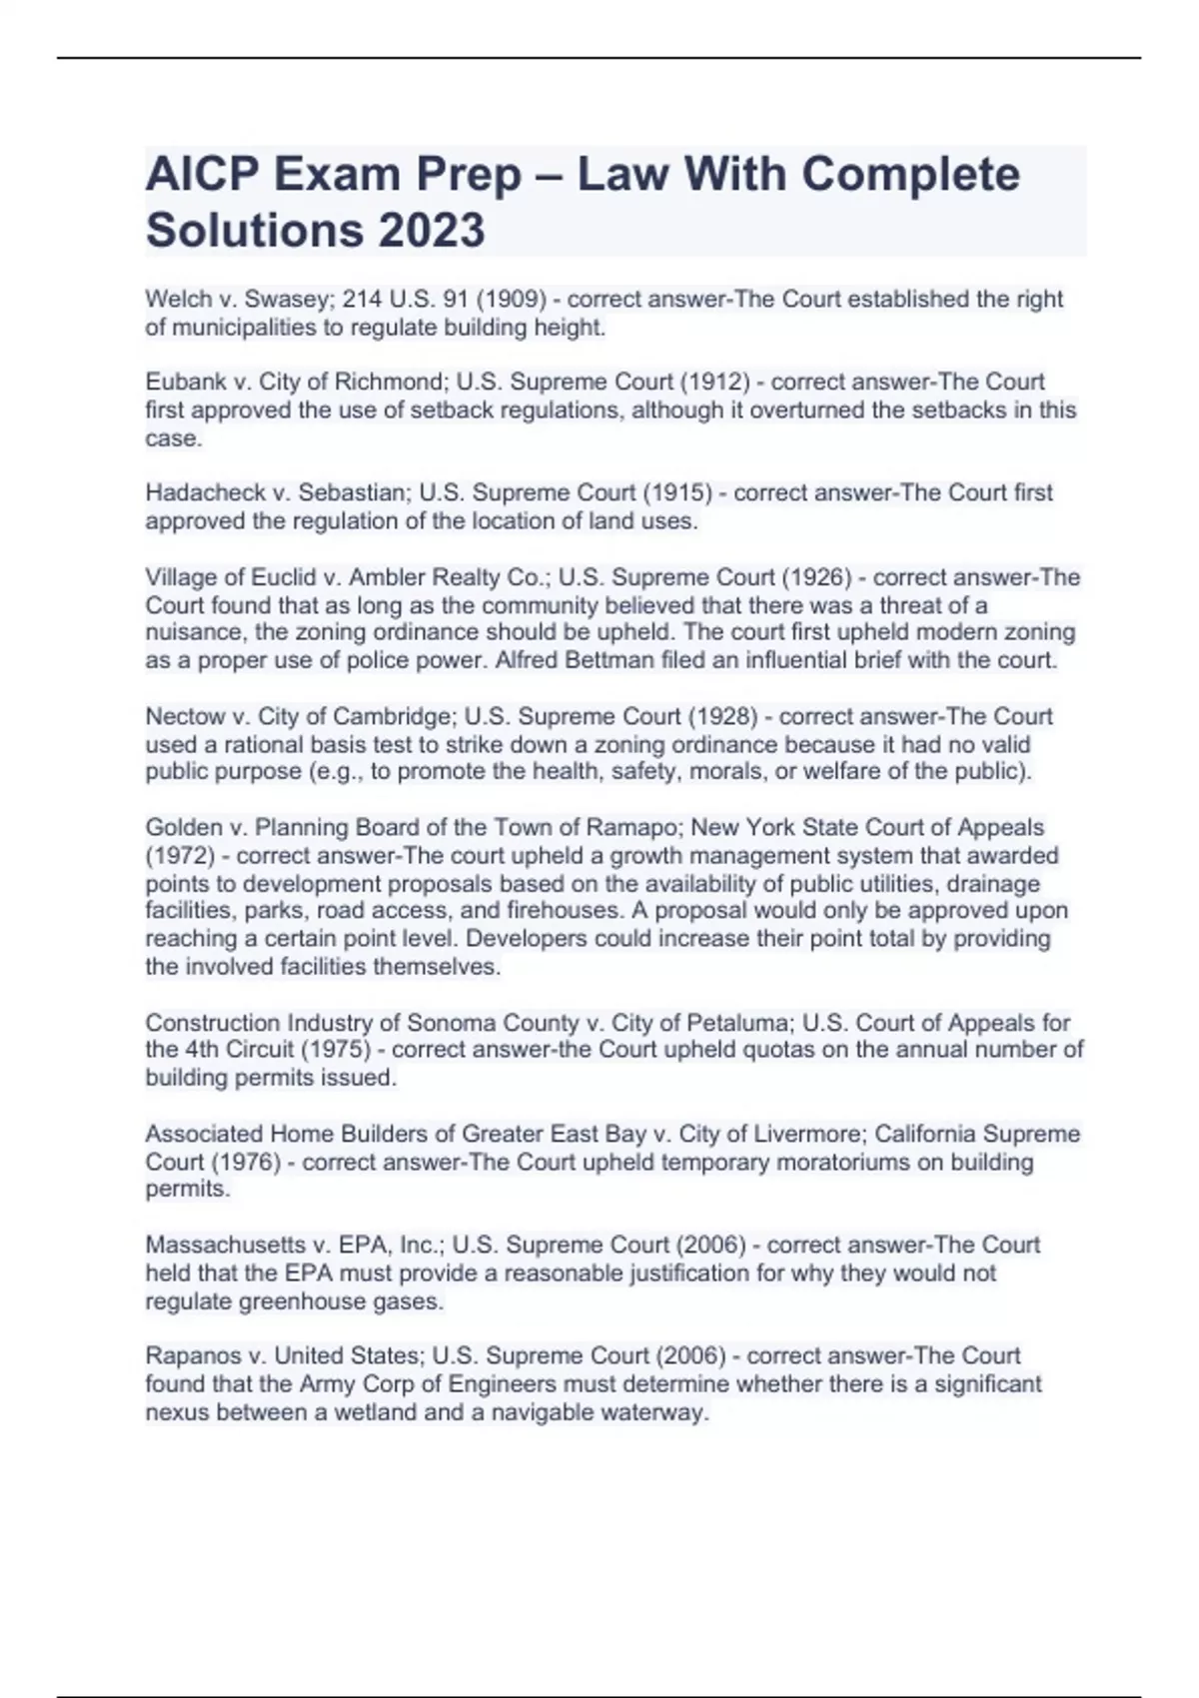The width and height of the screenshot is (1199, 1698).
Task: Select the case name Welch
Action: click(x=176, y=299)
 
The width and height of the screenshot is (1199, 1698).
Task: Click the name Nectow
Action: click(x=185, y=716)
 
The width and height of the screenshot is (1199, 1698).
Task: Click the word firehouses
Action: click(x=564, y=911)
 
